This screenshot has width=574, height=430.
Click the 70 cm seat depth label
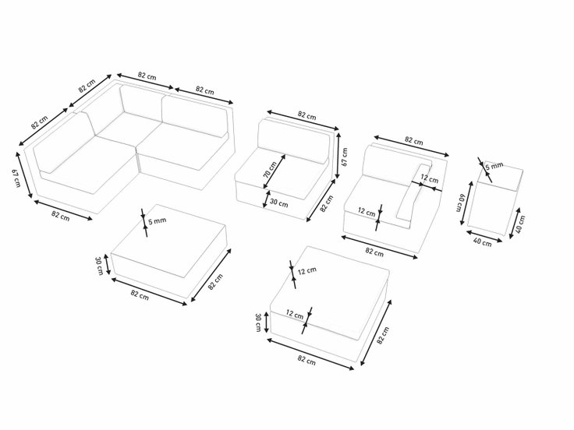point(270,169)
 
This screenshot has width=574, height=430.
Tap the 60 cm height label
point(459,203)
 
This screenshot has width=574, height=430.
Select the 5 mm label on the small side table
point(494,167)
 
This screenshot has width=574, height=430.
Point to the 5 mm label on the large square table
point(157,220)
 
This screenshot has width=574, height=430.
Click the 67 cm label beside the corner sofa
point(16,178)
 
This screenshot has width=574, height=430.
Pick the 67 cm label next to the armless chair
point(345,157)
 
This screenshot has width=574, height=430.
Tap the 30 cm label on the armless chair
point(278,203)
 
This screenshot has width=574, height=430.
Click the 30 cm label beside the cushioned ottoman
point(257,322)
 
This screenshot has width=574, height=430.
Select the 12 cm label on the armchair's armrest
point(429,179)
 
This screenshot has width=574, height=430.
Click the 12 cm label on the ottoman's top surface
point(307,271)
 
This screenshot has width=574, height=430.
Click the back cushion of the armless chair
point(293,140)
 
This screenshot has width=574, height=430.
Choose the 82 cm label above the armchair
point(413,141)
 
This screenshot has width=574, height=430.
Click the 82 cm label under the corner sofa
point(60,216)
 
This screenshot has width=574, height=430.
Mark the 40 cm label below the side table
point(483,242)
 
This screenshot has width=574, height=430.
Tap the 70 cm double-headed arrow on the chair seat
point(275,171)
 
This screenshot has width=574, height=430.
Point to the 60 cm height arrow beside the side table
point(466,203)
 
